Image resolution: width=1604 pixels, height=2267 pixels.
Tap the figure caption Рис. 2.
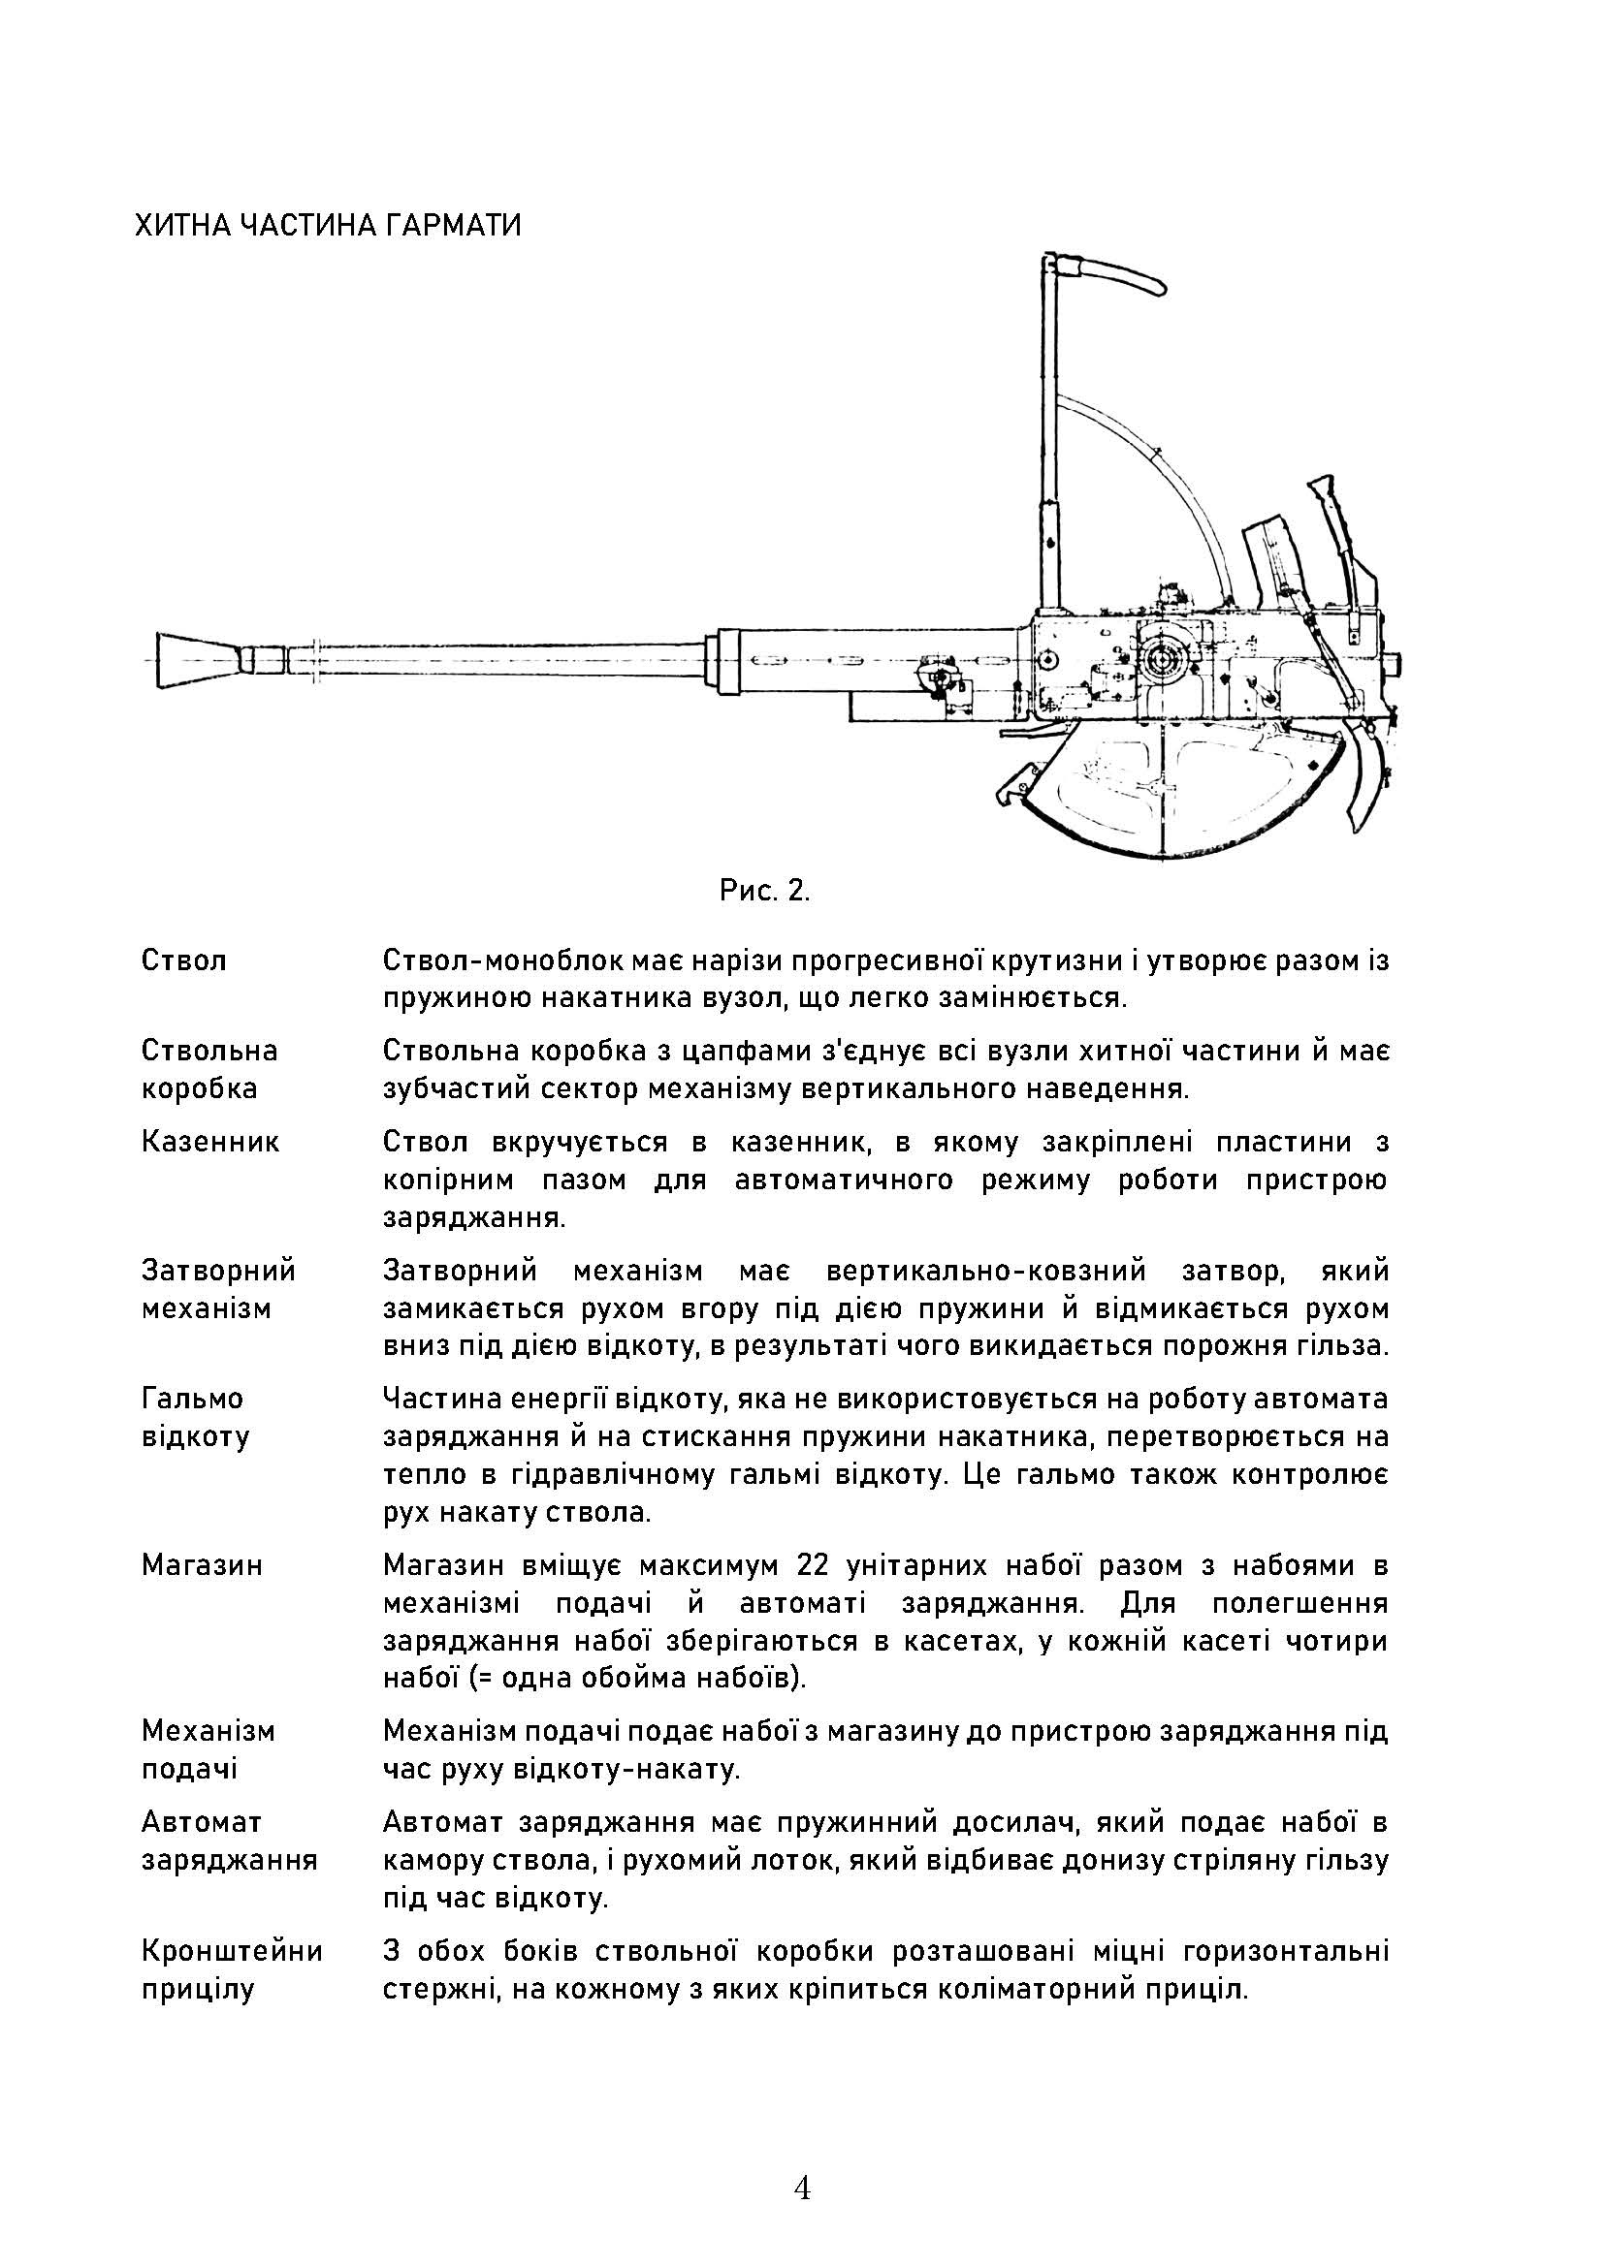[764, 892]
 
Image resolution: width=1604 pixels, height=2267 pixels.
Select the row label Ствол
[184, 960]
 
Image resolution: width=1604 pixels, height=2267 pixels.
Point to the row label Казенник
[210, 1143]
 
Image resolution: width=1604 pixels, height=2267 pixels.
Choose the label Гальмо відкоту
[195, 1418]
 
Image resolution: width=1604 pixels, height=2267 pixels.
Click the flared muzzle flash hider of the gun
[194, 660]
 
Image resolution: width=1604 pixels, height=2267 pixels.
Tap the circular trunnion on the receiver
[1166, 656]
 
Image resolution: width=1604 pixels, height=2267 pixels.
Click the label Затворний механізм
[218, 1289]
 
